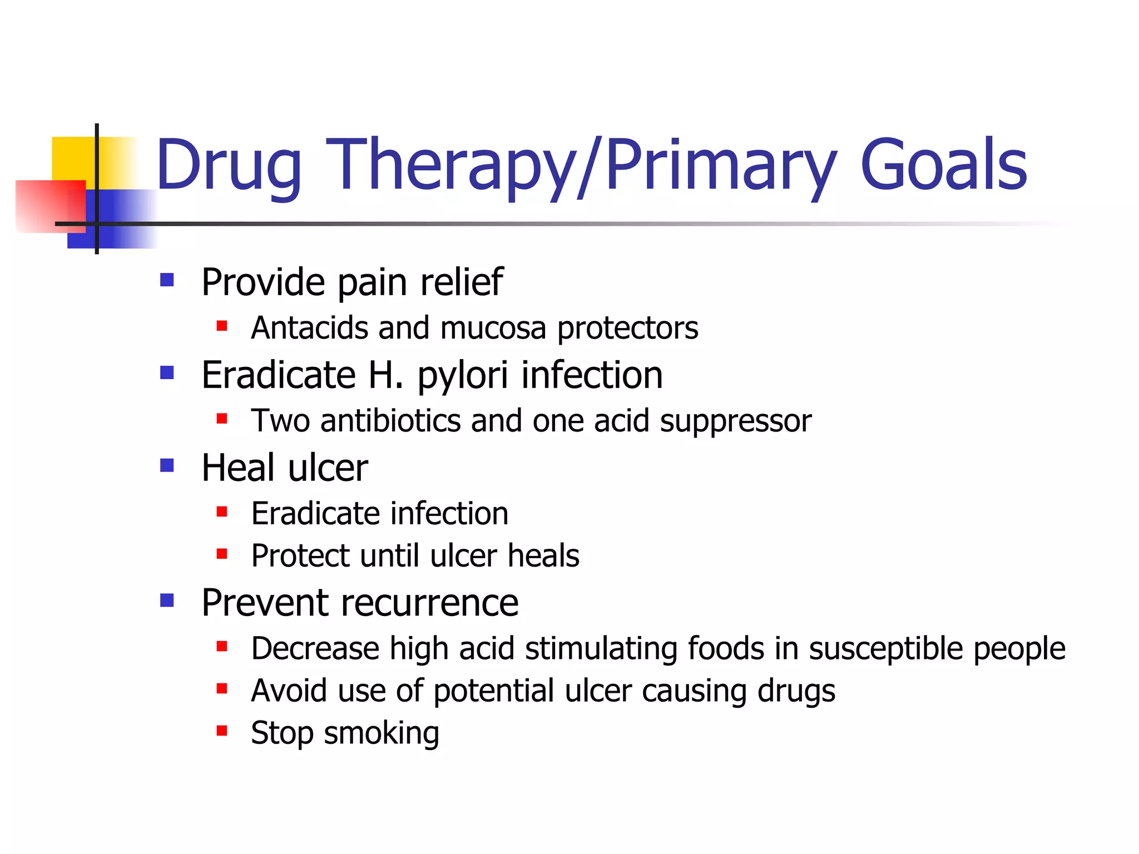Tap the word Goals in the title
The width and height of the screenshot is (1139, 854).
944,165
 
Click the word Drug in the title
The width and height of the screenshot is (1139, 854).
229,165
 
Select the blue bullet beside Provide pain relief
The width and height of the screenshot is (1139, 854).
167,279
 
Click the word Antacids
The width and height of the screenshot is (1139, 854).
309,327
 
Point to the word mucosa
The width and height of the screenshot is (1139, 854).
493,327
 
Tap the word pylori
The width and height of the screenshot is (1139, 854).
462,376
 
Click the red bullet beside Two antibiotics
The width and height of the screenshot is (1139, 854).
222,418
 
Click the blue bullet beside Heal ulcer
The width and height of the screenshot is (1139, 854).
167,465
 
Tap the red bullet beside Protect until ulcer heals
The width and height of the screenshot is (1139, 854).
222,553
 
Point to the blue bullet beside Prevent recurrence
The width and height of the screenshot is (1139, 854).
167,600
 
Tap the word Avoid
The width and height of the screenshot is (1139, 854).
289,691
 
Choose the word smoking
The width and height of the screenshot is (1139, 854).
382,733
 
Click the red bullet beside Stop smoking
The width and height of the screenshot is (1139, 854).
222,731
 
